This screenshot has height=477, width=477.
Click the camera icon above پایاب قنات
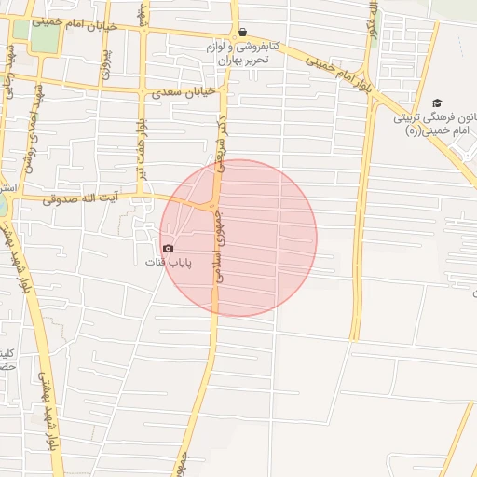tap(168, 248)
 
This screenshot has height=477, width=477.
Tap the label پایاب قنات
tap(168, 262)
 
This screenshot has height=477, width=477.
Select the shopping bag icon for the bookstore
tap(242, 32)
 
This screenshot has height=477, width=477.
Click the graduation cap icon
tap(438, 103)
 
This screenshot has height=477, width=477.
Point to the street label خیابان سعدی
tap(182, 93)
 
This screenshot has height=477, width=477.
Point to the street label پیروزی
tap(105, 59)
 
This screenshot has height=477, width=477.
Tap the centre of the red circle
tap(238, 238)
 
